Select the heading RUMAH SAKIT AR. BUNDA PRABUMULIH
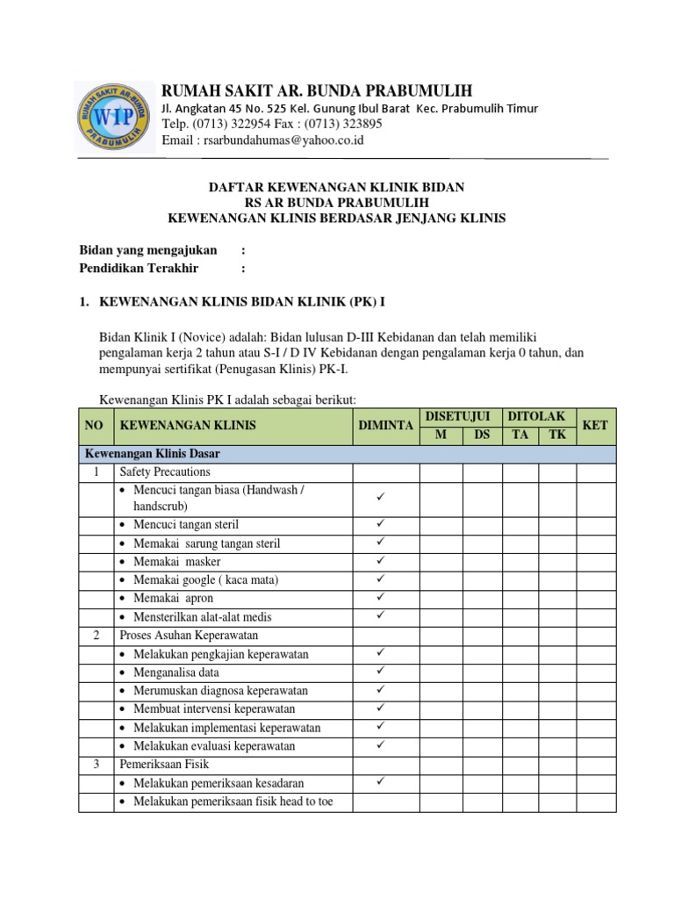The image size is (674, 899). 317,91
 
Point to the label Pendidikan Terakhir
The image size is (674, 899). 139,268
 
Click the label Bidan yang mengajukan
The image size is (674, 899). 148,250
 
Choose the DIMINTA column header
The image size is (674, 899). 385,425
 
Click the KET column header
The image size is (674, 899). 595,425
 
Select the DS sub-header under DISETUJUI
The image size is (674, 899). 482,435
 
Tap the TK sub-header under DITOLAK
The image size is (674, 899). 557,435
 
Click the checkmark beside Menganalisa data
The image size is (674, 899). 382,672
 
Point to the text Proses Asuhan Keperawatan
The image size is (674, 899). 189,635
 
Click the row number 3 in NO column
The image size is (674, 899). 96,765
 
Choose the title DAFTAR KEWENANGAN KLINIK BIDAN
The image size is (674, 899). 336,187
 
